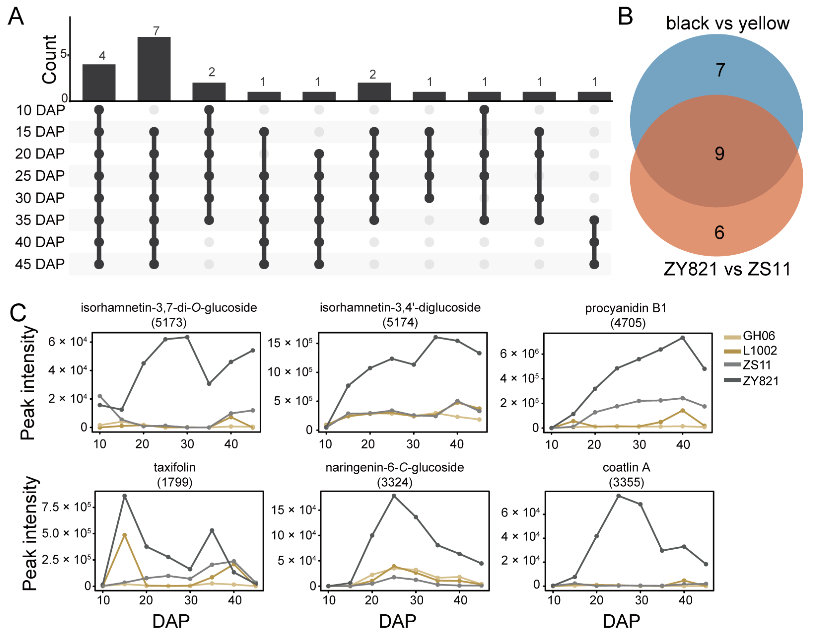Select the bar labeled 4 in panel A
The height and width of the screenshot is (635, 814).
coord(99,82)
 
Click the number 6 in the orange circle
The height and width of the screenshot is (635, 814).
coord(719,232)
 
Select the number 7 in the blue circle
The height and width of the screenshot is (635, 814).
coord(720,70)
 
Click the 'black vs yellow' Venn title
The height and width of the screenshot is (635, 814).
coord(728,23)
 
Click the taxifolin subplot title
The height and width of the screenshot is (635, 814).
coord(174,467)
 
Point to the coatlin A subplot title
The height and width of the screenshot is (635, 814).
coord(627,467)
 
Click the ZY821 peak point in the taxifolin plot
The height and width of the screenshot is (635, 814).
coord(125,496)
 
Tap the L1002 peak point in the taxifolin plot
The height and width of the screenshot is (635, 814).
coord(125,535)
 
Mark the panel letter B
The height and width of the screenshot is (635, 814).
coord(625,17)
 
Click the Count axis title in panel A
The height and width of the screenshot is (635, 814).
coord(50,60)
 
